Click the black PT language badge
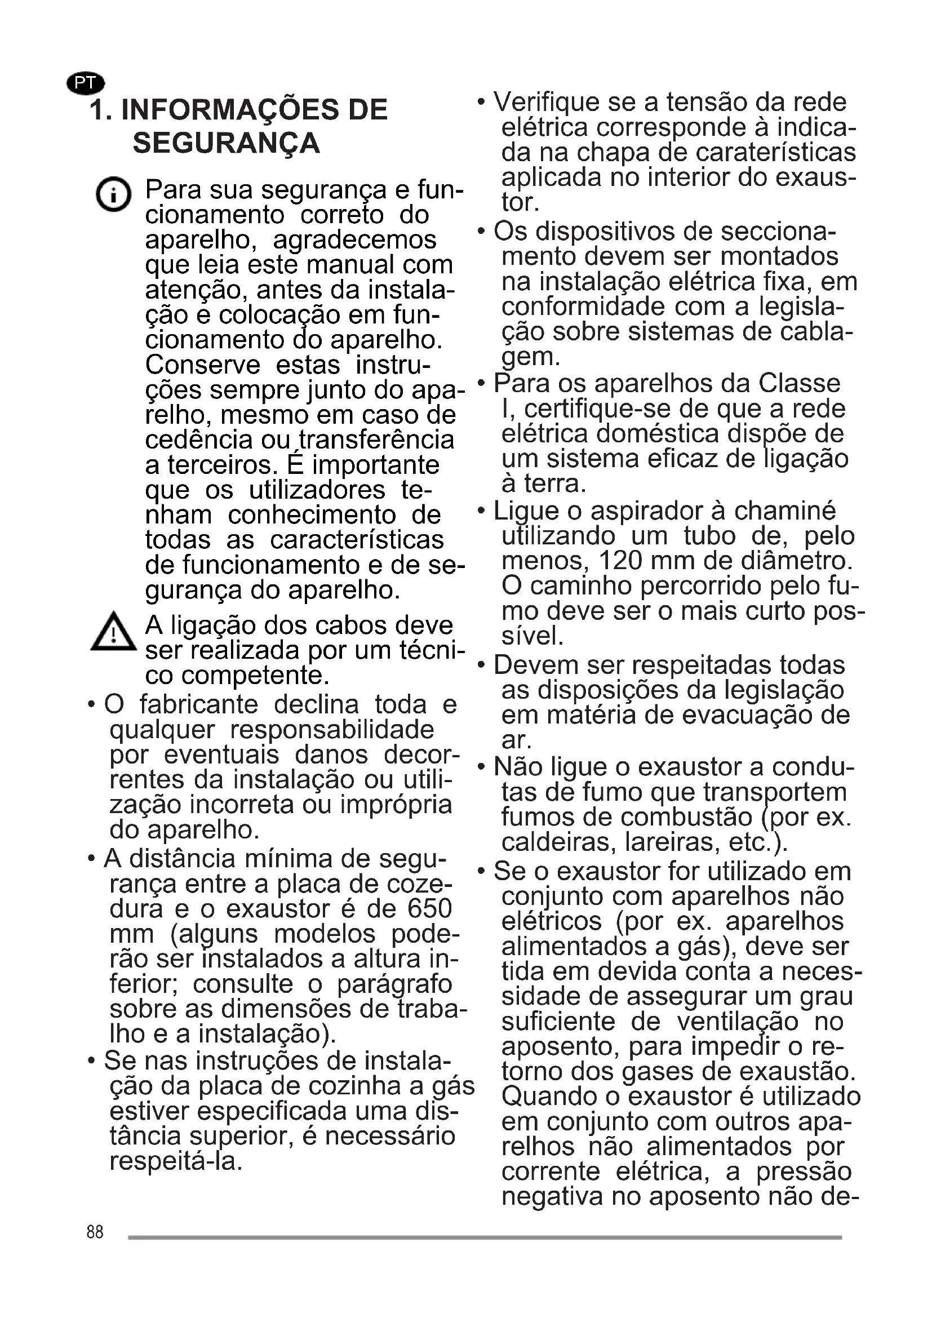tap(86, 83)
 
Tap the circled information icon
tap(113, 194)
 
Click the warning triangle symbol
tap(114, 633)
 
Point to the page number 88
tap(95, 1232)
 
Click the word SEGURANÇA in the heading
tap(226, 143)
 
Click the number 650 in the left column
tap(430, 909)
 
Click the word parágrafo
tap(395, 984)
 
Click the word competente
tap(255, 676)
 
